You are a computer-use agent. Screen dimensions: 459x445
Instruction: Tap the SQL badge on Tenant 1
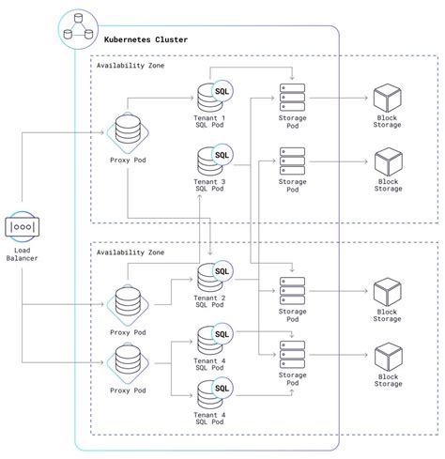(x=222, y=91)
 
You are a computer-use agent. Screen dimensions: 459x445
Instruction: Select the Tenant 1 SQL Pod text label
(x=209, y=123)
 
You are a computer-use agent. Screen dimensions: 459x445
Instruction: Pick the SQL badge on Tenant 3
(x=222, y=155)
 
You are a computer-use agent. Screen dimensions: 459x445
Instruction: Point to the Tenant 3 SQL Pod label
(x=209, y=186)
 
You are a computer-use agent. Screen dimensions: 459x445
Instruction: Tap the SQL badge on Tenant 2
(x=222, y=272)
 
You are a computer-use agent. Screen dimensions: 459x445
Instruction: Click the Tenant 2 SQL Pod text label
(x=209, y=302)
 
